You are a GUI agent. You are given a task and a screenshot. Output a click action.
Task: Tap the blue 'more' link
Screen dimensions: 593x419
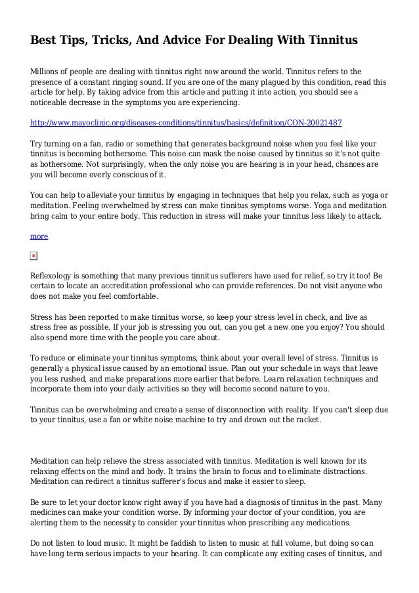(39, 235)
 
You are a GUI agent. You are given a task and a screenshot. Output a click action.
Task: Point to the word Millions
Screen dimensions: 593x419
(47, 70)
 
